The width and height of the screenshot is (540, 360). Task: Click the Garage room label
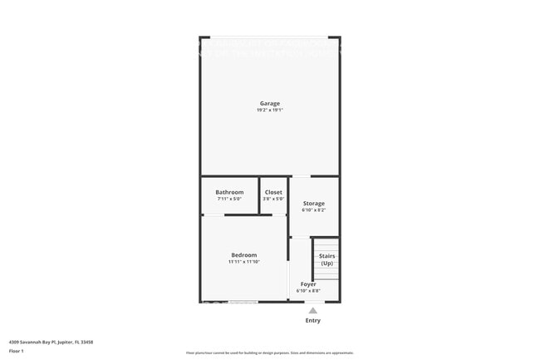(x=269, y=103)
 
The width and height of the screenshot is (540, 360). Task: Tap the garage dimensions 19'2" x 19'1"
(x=269, y=111)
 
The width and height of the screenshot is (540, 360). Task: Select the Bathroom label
(x=229, y=192)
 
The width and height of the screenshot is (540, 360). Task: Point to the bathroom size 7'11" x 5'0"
(x=229, y=200)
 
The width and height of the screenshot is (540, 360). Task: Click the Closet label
(x=273, y=192)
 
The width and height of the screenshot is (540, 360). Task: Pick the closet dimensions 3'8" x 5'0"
(x=273, y=200)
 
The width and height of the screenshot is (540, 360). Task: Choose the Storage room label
(x=313, y=203)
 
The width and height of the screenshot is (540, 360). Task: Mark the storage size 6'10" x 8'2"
(x=313, y=210)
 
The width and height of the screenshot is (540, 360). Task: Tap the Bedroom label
(x=244, y=254)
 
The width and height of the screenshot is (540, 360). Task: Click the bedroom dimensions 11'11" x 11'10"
(x=244, y=262)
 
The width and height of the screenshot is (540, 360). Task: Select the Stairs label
(x=326, y=256)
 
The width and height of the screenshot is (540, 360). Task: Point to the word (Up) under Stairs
(x=326, y=264)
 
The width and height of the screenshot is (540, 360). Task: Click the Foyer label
(x=308, y=284)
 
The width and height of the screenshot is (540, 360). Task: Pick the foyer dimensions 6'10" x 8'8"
(x=308, y=291)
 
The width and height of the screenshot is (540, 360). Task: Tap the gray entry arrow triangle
(x=312, y=310)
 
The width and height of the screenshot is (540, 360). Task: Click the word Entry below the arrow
(x=312, y=320)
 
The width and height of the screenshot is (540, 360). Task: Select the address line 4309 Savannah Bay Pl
(x=51, y=342)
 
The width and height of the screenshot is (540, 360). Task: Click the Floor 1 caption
(x=16, y=352)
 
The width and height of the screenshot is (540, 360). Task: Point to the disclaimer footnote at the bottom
(x=270, y=353)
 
